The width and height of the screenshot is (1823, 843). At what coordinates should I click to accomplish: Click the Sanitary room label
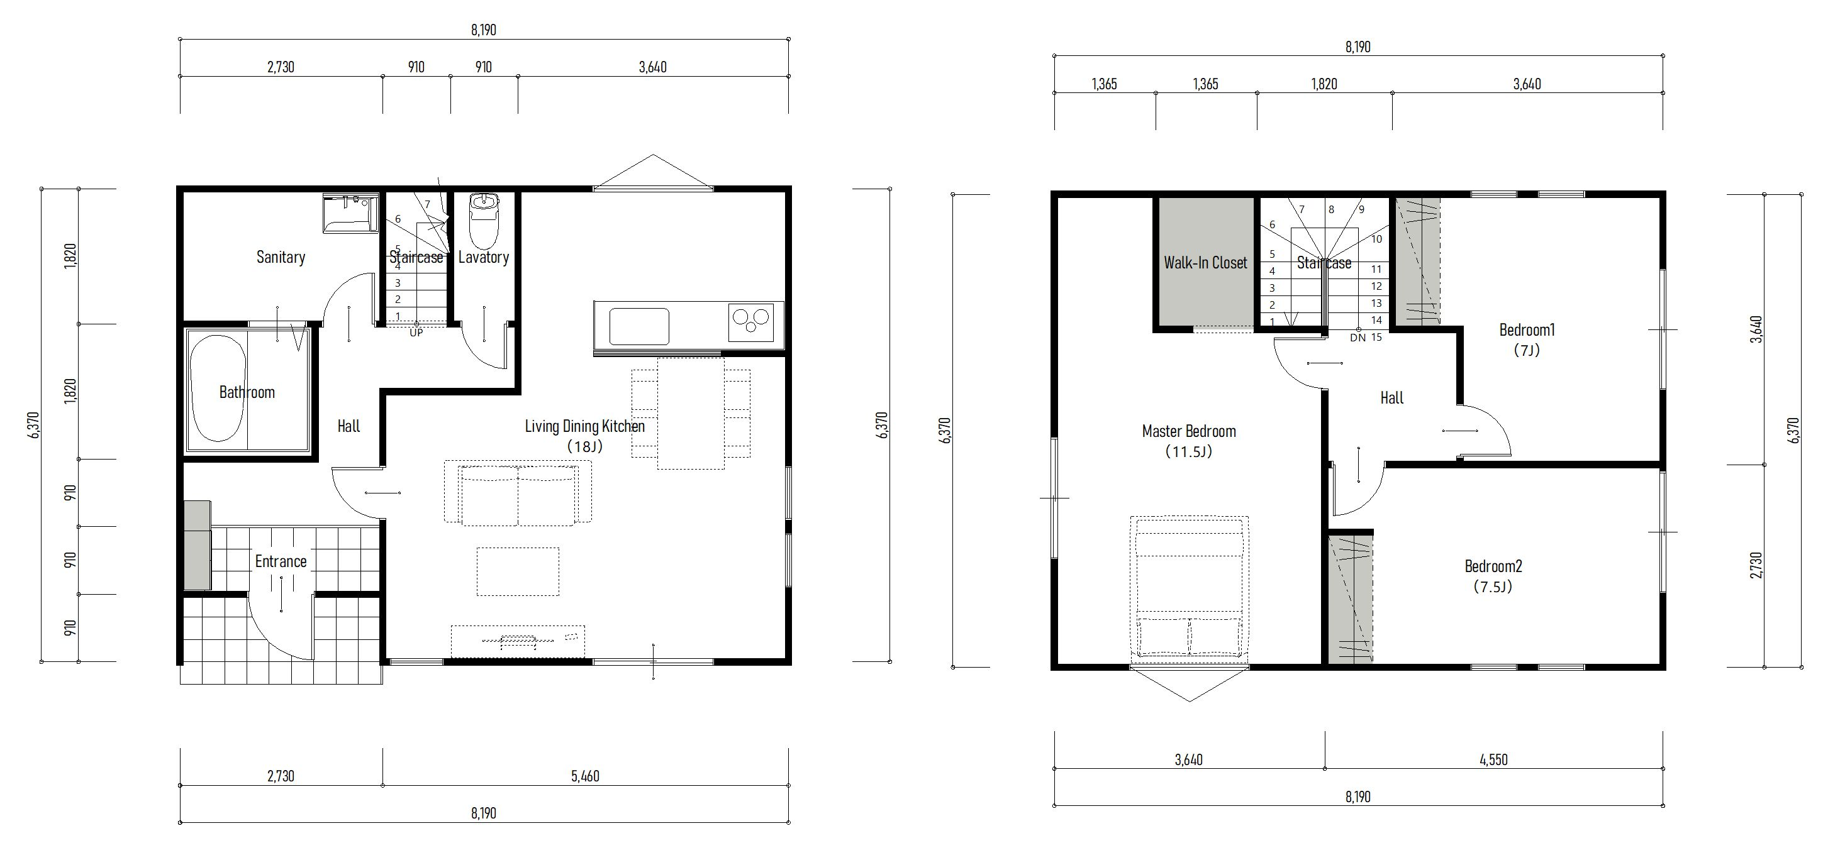coord(281,258)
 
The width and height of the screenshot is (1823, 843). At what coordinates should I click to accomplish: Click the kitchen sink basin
coord(639,326)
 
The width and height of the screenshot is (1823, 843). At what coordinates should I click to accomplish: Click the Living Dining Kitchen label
coord(584,426)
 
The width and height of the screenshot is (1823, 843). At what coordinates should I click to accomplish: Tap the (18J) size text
coord(584,447)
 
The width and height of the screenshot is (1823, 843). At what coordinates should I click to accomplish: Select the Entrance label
coord(281,561)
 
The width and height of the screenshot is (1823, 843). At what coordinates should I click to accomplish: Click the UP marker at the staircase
coord(416,333)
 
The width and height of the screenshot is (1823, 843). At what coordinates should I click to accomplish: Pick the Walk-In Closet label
coord(1205,263)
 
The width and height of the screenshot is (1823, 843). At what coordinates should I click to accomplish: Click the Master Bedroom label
coord(1189,431)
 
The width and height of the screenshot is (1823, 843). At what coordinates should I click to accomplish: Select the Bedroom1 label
coord(1527,329)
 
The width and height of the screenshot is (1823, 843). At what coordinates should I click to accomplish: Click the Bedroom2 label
coord(1493,566)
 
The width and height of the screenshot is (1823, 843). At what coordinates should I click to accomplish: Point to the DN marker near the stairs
coord(1357,338)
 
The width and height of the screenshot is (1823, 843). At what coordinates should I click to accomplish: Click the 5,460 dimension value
coord(585,776)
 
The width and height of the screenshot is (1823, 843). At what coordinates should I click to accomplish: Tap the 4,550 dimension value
coord(1493,760)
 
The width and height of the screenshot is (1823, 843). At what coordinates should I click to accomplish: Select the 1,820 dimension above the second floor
coord(1324,84)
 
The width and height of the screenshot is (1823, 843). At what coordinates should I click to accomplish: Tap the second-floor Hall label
coord(1391,398)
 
